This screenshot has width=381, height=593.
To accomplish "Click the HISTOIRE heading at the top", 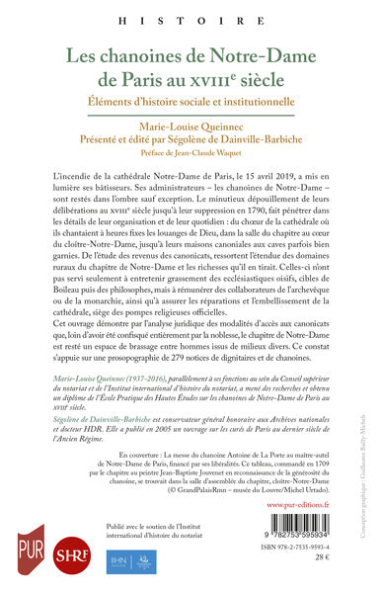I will [190, 19].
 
